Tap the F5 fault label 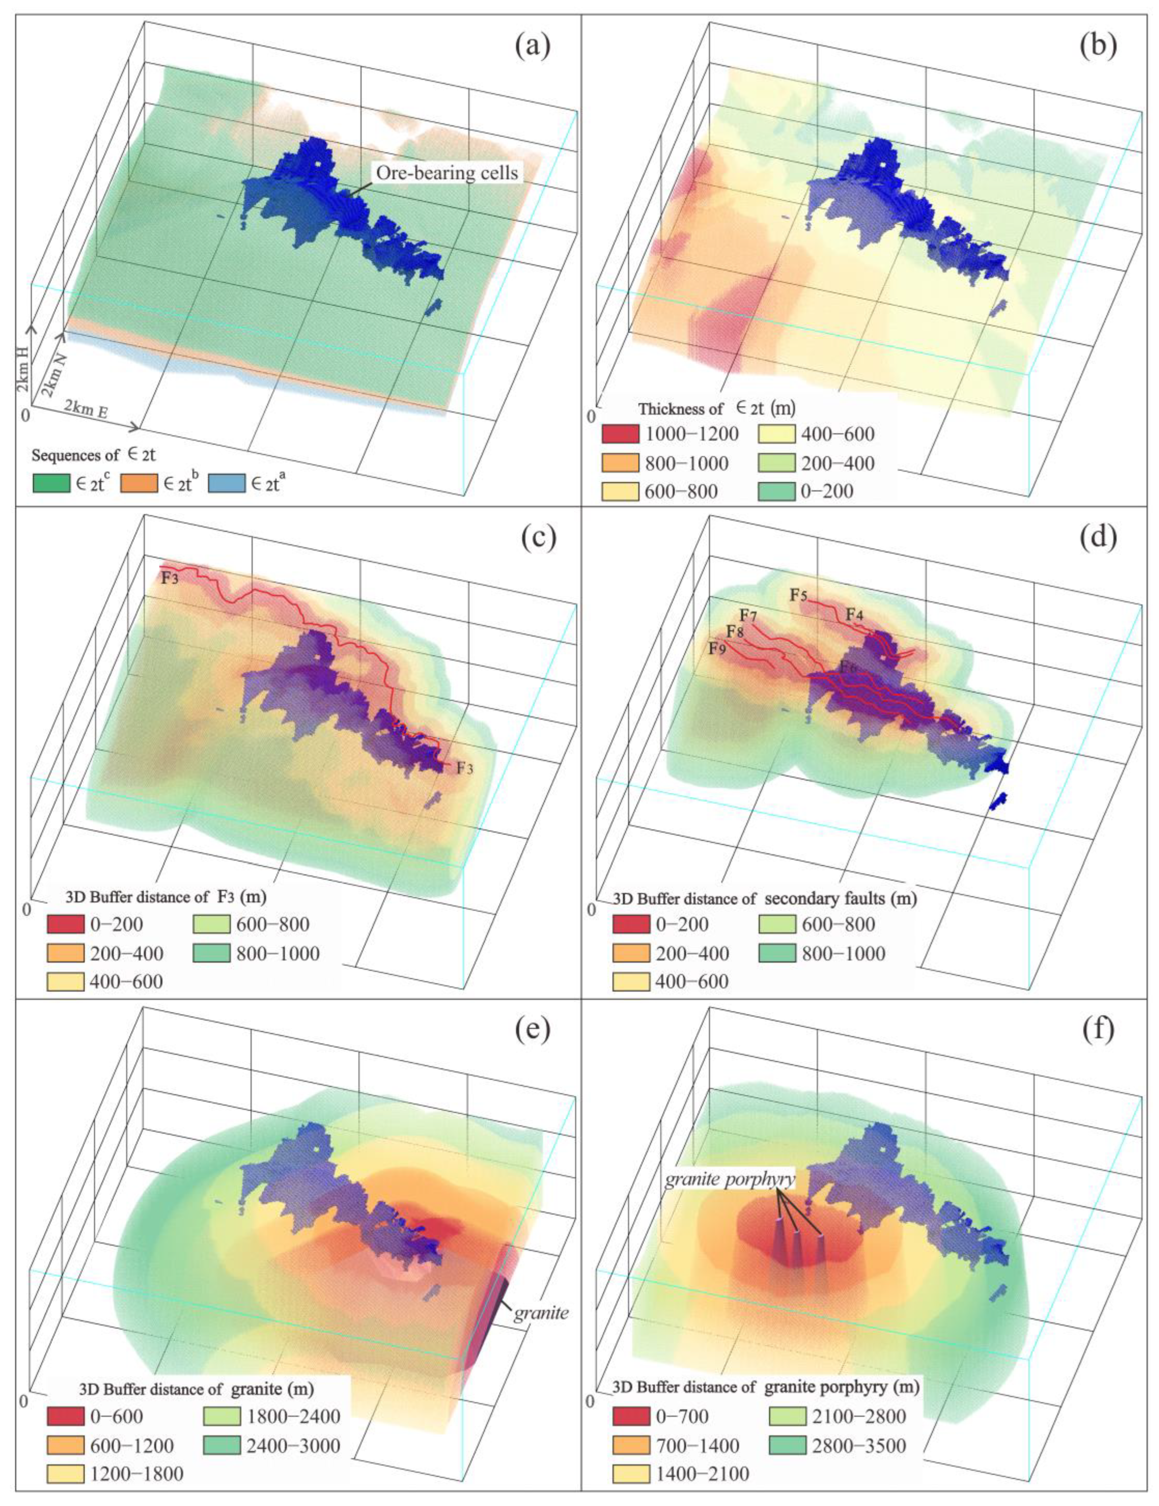click(798, 596)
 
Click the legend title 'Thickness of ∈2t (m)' click(716, 408)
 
